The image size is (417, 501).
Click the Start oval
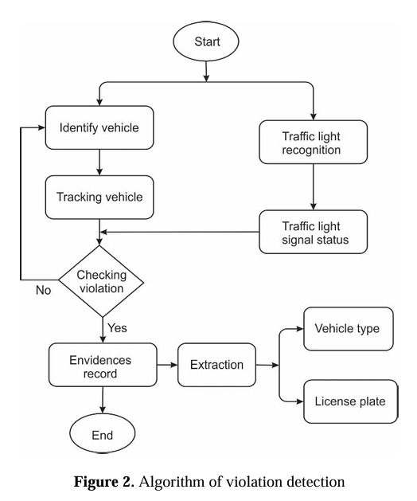pyautogui.click(x=206, y=41)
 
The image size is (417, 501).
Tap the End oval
pyautogui.click(x=103, y=433)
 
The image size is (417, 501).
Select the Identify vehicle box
pyautogui.click(x=99, y=127)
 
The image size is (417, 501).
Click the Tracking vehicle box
pyautogui.click(x=99, y=198)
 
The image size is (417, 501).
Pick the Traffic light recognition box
pyautogui.click(x=314, y=143)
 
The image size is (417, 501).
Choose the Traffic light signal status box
pyautogui.click(x=314, y=232)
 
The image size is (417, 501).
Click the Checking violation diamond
pyautogui.click(x=101, y=281)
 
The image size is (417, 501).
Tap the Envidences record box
pyautogui.click(x=103, y=365)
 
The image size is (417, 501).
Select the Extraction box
pyautogui.click(x=216, y=365)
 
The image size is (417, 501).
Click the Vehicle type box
pyautogui.click(x=349, y=329)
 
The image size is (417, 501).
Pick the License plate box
pyautogui.click(x=351, y=401)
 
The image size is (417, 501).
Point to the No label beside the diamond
pyautogui.click(x=44, y=290)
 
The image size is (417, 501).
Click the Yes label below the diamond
pyautogui.click(x=117, y=328)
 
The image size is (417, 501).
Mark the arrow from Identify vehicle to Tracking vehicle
pyautogui.click(x=99, y=162)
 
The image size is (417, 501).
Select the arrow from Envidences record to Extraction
pyautogui.click(x=167, y=365)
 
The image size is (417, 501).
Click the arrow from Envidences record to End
pyautogui.click(x=103, y=400)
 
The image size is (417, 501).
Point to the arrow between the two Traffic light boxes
pyautogui.click(x=314, y=187)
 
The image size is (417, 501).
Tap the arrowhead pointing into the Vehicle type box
pyautogui.click(x=299, y=329)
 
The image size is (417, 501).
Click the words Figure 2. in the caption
pyautogui.click(x=103, y=481)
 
